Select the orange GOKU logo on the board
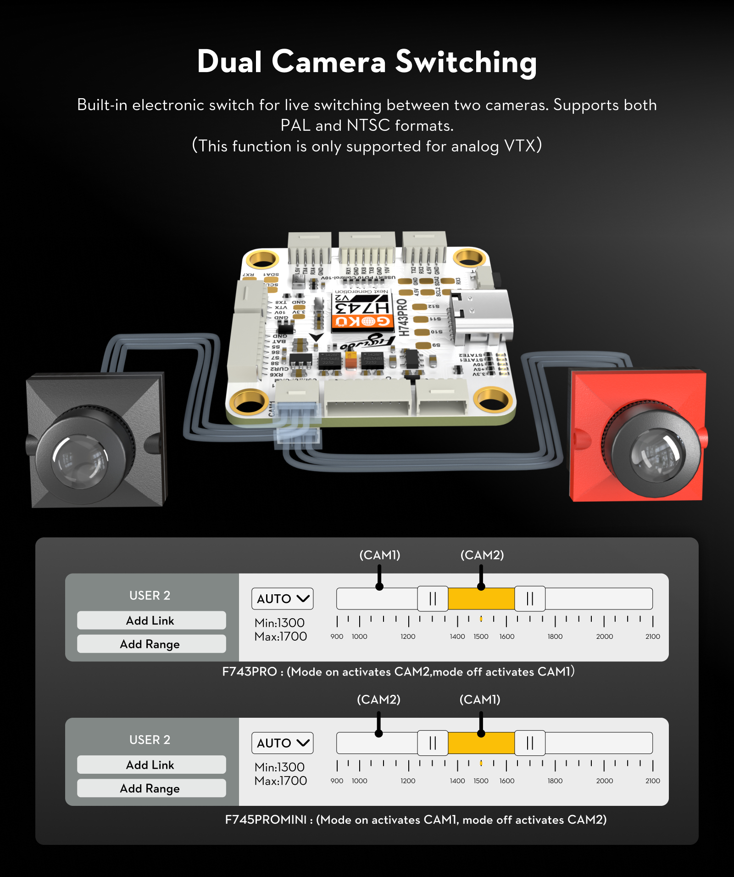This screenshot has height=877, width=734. [x=362, y=322]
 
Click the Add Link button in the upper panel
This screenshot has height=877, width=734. [x=151, y=620]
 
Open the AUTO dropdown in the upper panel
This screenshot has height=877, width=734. [x=282, y=599]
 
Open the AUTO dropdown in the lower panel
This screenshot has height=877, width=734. [x=282, y=743]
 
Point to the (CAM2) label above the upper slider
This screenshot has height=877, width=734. [x=482, y=555]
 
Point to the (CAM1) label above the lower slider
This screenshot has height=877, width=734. [x=480, y=699]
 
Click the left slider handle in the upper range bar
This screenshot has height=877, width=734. [x=433, y=599]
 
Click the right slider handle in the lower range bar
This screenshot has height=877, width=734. [x=530, y=743]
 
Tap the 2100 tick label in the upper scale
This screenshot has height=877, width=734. [x=652, y=637]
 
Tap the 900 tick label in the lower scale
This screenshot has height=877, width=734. [x=337, y=781]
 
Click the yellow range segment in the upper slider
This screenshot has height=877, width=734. [x=481, y=599]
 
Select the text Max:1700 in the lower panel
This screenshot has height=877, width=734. [x=281, y=781]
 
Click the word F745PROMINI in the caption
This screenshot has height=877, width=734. [x=266, y=820]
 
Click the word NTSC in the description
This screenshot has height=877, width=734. [x=368, y=125]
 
